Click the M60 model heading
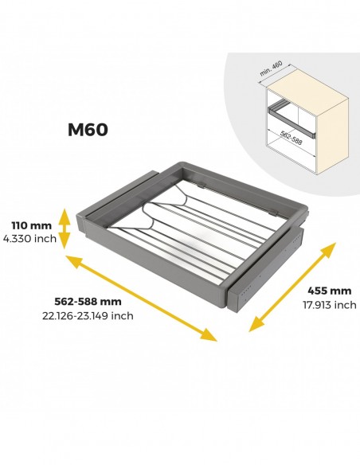point(88,130)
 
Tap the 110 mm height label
point(31,225)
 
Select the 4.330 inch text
point(29,238)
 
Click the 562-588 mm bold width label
point(88,302)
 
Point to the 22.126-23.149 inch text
point(88,316)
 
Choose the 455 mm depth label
point(329,291)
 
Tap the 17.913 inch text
point(330,305)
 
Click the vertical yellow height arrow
point(65,229)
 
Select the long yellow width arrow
point(141,298)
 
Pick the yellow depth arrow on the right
point(292,287)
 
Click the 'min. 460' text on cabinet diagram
point(271,68)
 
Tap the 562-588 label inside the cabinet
point(292,138)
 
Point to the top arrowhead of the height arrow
point(65,215)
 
